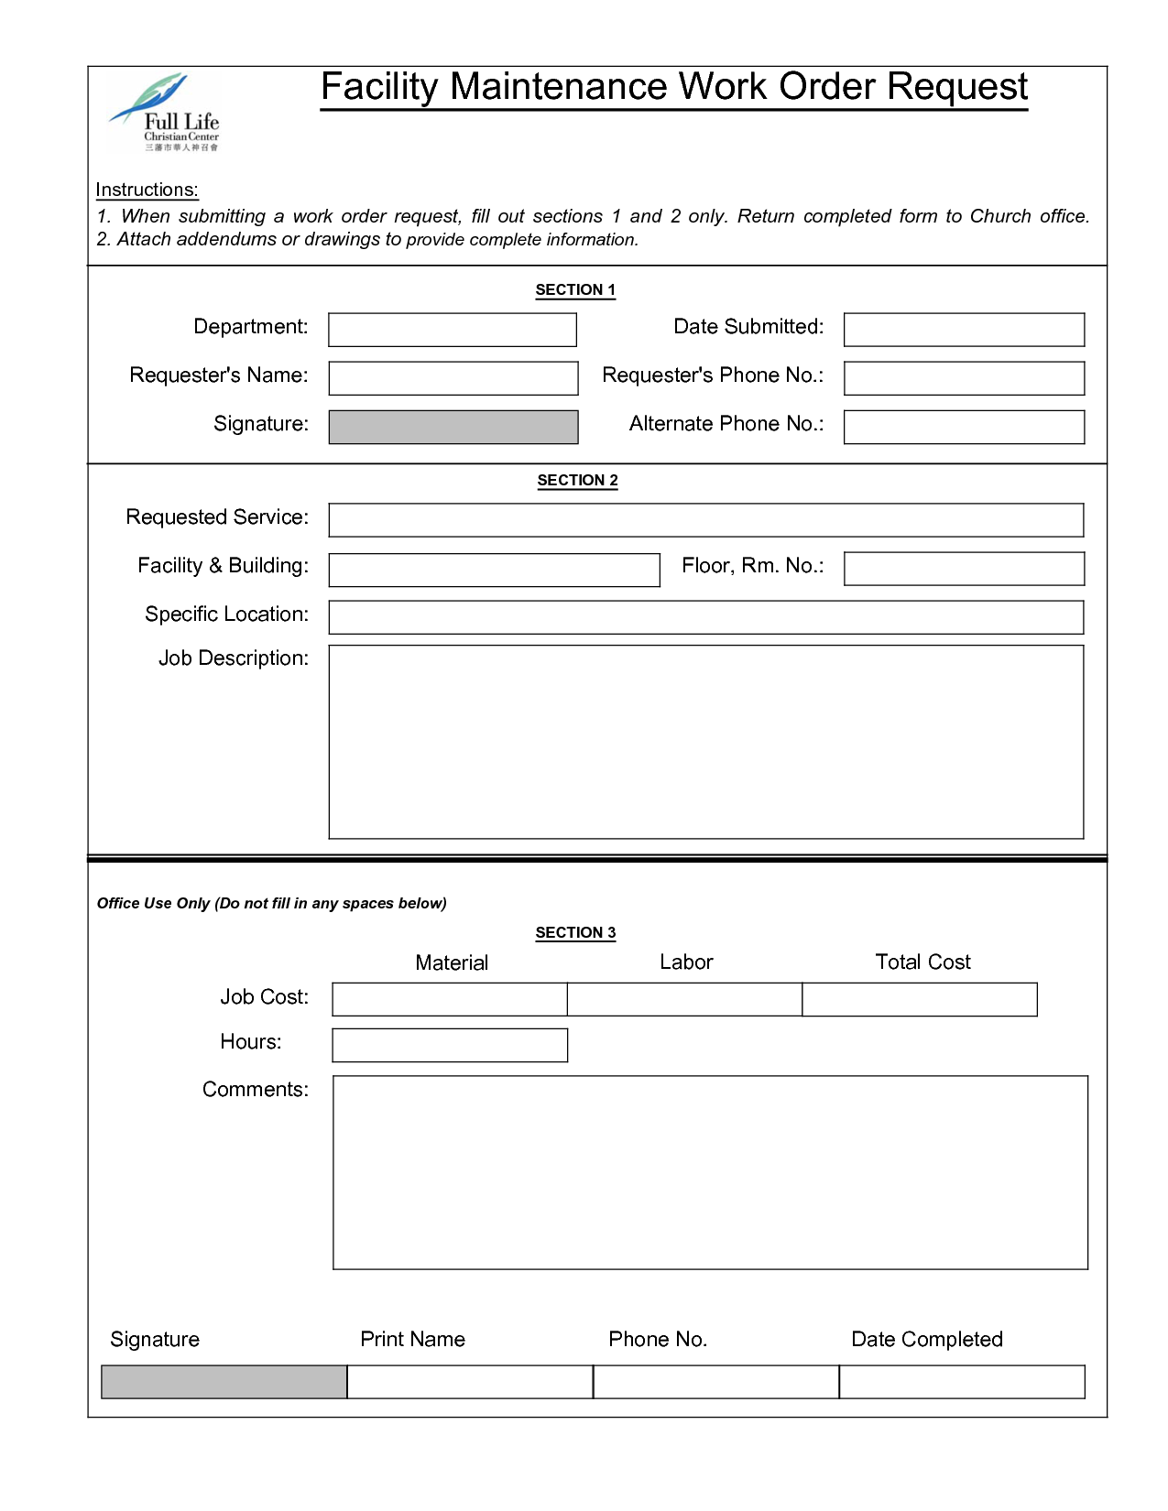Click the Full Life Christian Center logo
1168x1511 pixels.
coord(166,112)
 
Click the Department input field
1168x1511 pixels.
coord(453,330)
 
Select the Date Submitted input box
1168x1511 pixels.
coord(964,330)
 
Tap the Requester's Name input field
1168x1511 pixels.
coord(453,378)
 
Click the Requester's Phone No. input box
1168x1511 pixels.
coord(964,378)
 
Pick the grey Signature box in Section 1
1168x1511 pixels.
coord(453,427)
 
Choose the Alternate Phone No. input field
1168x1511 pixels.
coord(964,427)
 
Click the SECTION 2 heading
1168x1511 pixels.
coord(577,480)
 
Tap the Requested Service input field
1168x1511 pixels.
coord(705,520)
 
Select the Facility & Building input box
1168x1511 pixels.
coord(494,570)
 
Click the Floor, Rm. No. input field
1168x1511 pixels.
coord(964,568)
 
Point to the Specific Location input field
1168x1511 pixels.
coord(705,617)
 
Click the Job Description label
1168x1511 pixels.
coord(234,658)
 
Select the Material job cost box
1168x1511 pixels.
coord(450,999)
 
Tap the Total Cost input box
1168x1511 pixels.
coord(920,999)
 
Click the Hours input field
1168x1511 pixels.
coord(450,1045)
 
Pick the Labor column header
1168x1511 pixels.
coord(686,962)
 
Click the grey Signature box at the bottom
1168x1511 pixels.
coord(224,1382)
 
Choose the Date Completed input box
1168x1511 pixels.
coord(962,1382)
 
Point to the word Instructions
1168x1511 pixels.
coord(147,190)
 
